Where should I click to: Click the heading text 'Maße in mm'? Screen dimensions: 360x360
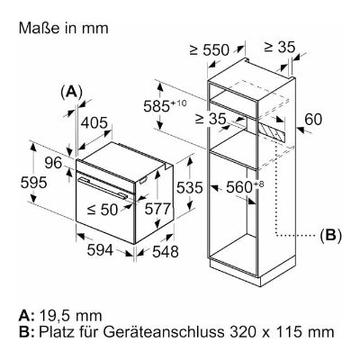63,28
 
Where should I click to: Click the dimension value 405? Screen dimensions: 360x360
94,123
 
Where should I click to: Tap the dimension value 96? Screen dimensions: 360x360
53,163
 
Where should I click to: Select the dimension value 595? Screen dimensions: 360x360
34,183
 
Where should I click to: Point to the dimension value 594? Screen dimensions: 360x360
100,250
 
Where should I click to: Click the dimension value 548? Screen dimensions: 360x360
166,251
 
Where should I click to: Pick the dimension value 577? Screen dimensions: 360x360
157,209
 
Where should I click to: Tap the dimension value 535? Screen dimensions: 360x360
190,188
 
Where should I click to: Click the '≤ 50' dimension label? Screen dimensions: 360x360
103,210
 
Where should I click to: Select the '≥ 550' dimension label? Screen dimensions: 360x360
210,50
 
